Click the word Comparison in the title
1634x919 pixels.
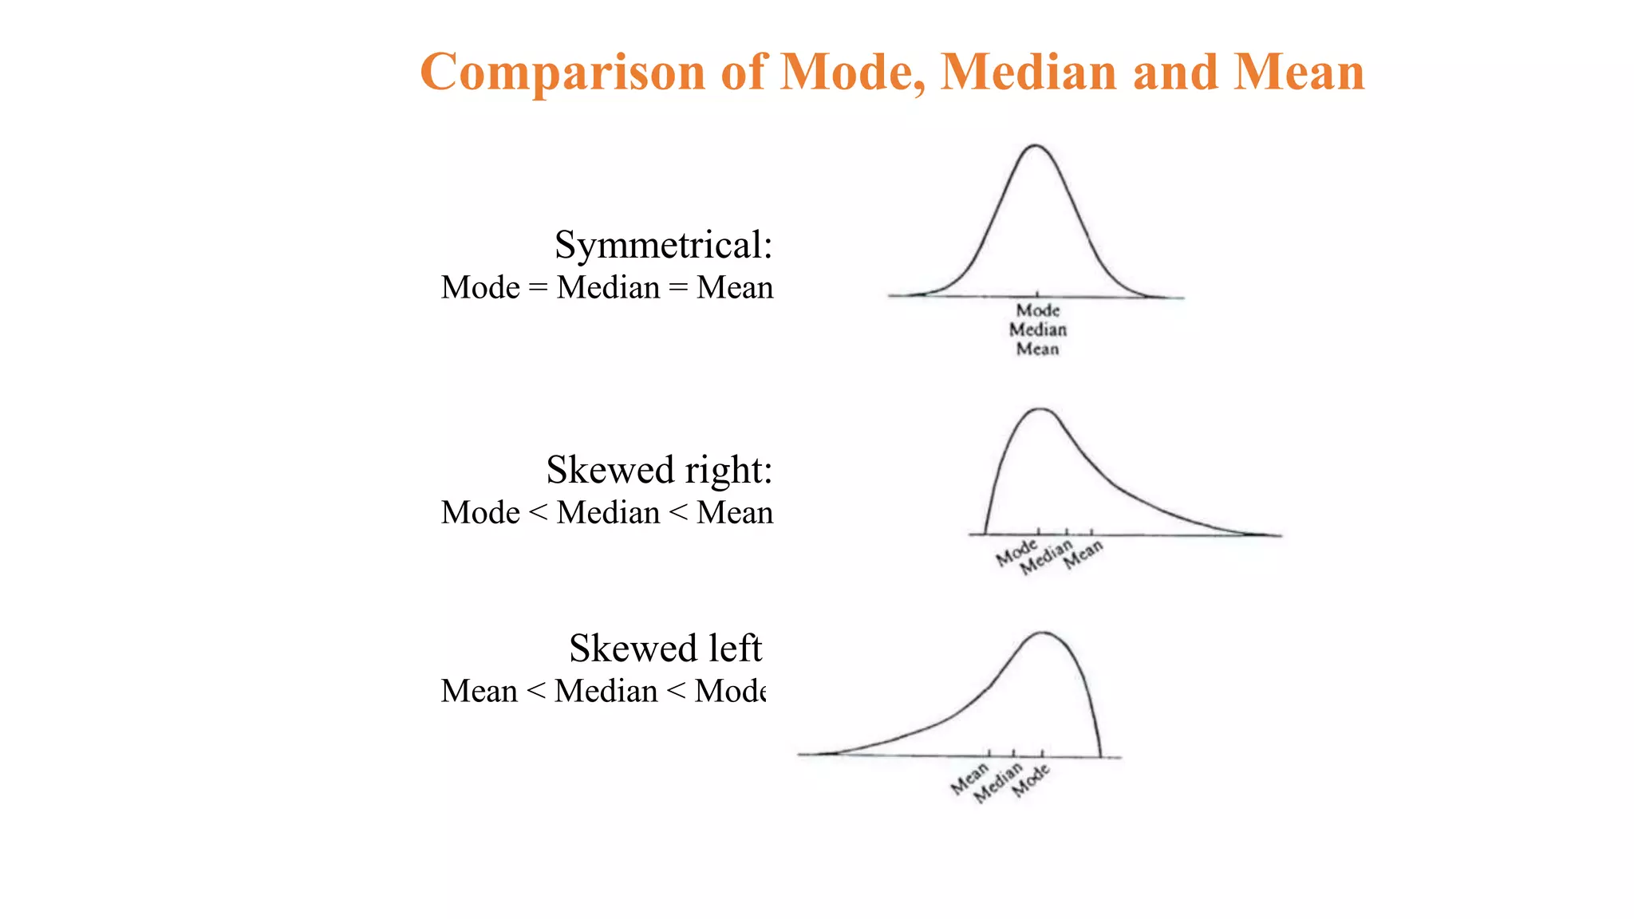point(563,73)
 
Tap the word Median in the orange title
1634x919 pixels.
point(1029,73)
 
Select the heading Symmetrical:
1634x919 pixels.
point(663,245)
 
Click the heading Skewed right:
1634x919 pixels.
point(659,470)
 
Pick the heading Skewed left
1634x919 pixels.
point(665,649)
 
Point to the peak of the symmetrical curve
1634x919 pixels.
point(1036,146)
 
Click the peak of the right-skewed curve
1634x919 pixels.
point(1041,409)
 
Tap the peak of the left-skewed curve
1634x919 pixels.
point(1043,633)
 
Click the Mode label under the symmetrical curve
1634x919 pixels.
point(1037,310)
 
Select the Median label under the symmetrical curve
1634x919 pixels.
point(1037,329)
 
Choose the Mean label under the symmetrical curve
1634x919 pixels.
point(1037,349)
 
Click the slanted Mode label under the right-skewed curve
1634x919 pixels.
point(1016,552)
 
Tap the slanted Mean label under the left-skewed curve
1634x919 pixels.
point(969,779)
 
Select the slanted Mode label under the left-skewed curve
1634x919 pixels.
point(1031,780)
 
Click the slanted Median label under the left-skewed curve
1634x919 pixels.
point(998,783)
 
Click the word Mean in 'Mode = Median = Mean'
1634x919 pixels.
point(734,287)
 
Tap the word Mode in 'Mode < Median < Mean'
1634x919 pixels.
point(480,512)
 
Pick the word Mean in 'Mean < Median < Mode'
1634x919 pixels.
point(479,691)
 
